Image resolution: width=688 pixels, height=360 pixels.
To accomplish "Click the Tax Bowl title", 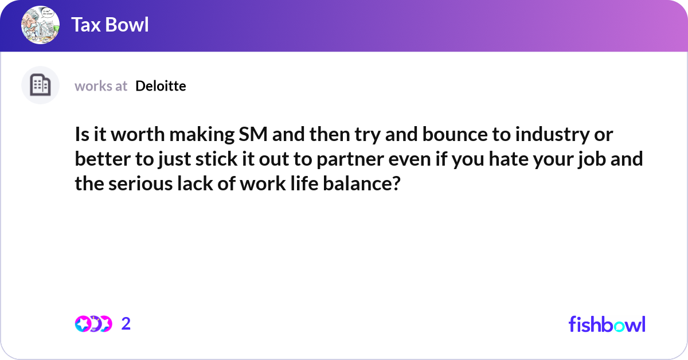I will click(110, 25).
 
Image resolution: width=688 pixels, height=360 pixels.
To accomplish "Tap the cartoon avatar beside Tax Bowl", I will click(40, 25).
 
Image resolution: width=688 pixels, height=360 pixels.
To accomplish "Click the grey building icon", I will click(40, 85).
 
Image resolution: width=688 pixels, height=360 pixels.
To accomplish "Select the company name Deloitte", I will click(161, 86).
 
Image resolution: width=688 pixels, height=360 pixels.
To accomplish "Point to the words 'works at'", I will click(101, 86).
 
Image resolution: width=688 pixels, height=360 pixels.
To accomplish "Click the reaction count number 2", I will click(126, 324).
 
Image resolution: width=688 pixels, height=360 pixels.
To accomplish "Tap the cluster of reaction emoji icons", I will click(93, 324).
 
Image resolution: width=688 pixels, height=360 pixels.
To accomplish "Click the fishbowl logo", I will click(607, 324).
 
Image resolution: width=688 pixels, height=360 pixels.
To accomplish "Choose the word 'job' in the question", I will click(604, 159).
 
